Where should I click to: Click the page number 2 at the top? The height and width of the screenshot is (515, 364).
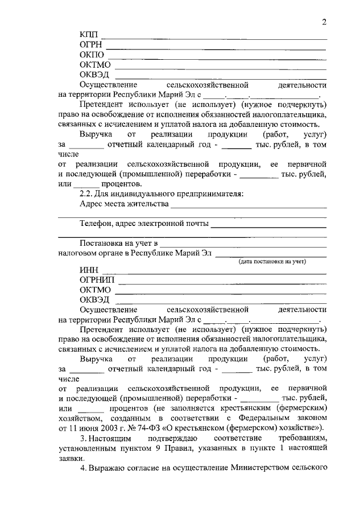coord(324,22)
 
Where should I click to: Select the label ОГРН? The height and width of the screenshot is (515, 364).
coord(93,46)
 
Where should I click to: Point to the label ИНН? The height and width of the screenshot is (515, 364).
coord(89,270)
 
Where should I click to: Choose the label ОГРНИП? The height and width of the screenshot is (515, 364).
coord(97,280)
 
